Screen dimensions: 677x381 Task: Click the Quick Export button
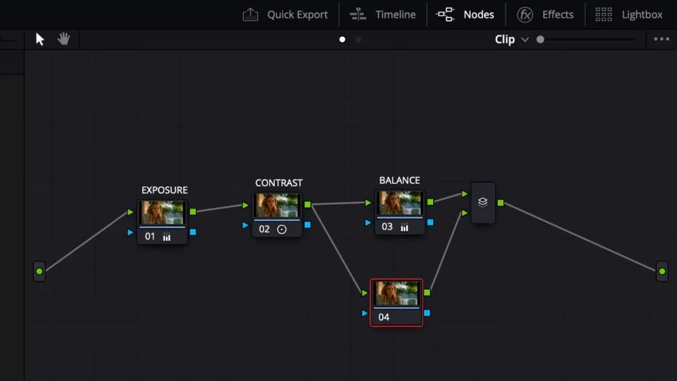(x=285, y=14)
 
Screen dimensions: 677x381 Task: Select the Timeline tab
(x=382, y=14)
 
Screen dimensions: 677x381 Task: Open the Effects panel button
(x=545, y=14)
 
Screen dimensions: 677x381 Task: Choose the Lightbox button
(x=629, y=14)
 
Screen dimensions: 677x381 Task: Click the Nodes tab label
(x=478, y=14)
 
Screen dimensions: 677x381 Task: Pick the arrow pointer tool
(x=39, y=39)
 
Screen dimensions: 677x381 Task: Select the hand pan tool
(x=63, y=39)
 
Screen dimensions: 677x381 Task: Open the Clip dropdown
(x=512, y=39)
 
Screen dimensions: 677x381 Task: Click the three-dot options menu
(x=661, y=39)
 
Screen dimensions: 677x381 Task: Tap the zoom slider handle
(x=540, y=39)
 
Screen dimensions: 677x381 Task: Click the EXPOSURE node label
(x=164, y=190)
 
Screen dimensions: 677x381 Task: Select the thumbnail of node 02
(x=277, y=206)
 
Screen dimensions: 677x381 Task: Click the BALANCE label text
(x=399, y=180)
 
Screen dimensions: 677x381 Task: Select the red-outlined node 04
(x=396, y=303)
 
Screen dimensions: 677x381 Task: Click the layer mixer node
(x=483, y=202)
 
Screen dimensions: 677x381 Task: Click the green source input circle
(x=39, y=271)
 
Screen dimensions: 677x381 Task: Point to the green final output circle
(x=662, y=271)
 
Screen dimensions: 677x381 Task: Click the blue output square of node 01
(x=193, y=232)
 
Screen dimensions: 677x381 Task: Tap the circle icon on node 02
(x=281, y=229)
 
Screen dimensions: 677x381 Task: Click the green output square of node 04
(x=427, y=293)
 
